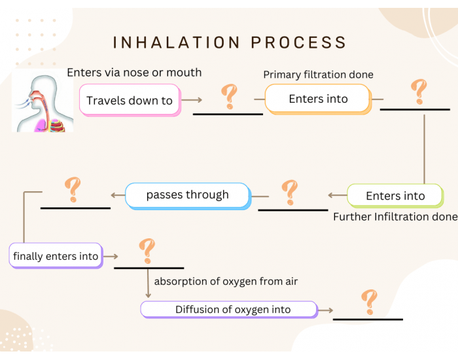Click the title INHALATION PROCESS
(x=230, y=43)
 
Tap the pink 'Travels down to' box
(x=130, y=100)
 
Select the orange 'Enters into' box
(x=318, y=99)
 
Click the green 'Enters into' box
(x=395, y=196)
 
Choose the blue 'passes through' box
(x=187, y=195)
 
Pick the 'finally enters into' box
(x=56, y=256)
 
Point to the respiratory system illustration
(x=43, y=101)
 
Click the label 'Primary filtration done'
(x=318, y=75)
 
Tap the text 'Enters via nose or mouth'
(x=134, y=72)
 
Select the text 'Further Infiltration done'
(x=395, y=217)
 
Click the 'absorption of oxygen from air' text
(x=226, y=281)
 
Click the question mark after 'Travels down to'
(x=228, y=96)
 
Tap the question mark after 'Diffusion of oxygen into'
(x=370, y=302)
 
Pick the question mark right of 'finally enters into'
(x=147, y=251)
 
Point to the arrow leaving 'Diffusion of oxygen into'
(x=325, y=310)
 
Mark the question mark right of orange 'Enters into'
(x=417, y=92)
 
